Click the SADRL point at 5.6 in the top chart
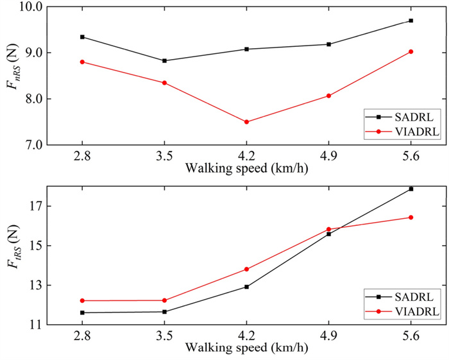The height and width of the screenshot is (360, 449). click(x=411, y=21)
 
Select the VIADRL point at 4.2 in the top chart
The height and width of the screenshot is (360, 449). click(x=246, y=122)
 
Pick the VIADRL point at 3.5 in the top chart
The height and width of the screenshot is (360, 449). click(x=164, y=83)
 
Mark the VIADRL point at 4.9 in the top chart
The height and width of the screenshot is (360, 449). click(x=328, y=96)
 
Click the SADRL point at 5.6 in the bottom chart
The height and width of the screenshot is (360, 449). click(x=411, y=189)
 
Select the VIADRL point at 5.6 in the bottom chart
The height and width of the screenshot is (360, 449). click(x=411, y=218)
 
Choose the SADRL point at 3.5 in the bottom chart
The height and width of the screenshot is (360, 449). click(x=164, y=312)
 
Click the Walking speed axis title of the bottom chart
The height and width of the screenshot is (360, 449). click(x=246, y=348)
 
